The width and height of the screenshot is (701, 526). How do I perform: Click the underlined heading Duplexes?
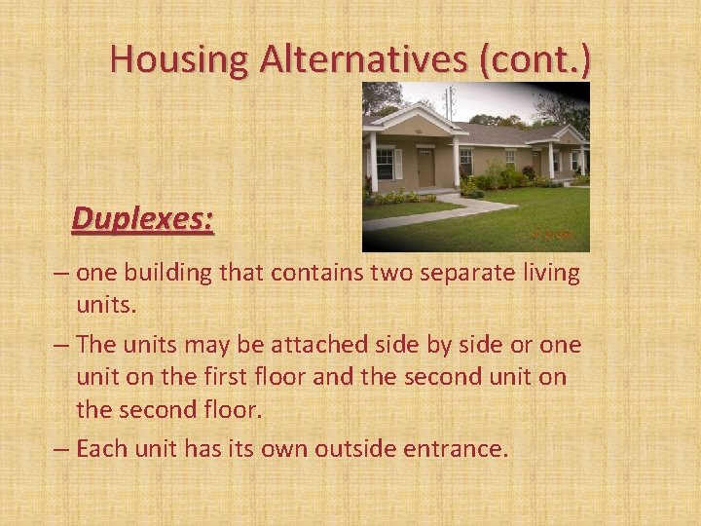tap(143, 218)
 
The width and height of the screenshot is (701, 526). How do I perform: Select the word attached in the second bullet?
tap(322, 345)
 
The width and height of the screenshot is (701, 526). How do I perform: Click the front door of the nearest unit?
tap(425, 168)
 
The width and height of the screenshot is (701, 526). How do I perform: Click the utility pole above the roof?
tap(450, 99)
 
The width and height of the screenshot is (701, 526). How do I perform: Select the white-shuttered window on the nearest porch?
tap(386, 163)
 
